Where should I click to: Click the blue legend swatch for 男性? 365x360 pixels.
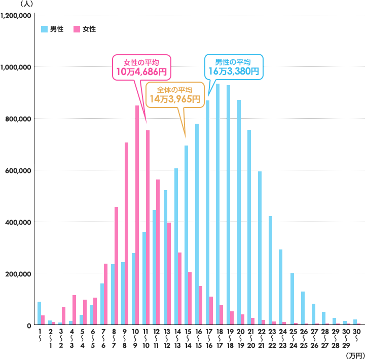click(44, 29)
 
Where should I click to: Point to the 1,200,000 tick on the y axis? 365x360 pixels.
click(17, 15)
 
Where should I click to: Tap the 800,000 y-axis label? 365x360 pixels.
click(19, 119)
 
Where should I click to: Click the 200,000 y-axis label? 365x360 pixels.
click(19, 273)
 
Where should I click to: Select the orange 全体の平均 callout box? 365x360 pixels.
click(174, 95)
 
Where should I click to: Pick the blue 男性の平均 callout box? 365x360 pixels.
click(234, 66)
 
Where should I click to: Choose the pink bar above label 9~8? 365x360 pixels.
click(126, 234)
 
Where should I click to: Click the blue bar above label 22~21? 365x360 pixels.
click(260, 248)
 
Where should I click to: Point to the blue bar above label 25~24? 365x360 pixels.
click(291, 299)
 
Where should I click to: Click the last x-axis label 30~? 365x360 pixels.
click(357, 335)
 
